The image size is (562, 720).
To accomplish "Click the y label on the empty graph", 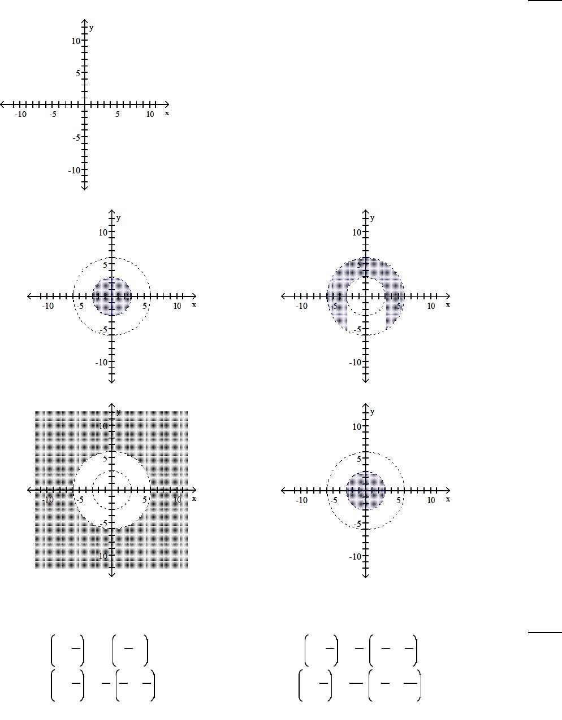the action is click(91, 28).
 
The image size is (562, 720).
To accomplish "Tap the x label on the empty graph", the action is click(167, 114).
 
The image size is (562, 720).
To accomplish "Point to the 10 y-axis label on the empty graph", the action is click(76, 41).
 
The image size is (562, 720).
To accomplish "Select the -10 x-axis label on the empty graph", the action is click(20, 114).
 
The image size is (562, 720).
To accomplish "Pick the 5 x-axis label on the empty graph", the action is click(118, 114).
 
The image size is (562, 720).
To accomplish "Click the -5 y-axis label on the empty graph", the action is click(77, 137).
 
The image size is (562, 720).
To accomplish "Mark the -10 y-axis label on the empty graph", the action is click(75, 171).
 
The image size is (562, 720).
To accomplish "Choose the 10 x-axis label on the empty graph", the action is click(150, 114).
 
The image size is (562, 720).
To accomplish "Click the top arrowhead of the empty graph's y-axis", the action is click(85, 20).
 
